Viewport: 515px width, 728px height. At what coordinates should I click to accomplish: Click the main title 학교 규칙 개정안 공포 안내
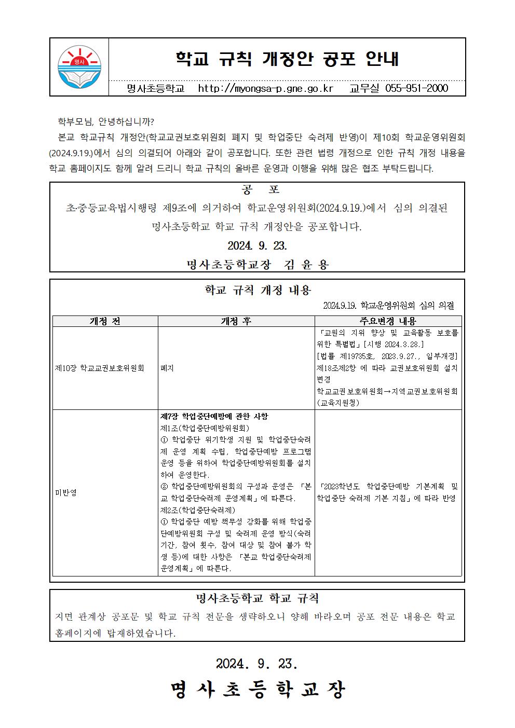[287, 59]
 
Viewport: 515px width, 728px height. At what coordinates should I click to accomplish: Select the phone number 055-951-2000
[416, 88]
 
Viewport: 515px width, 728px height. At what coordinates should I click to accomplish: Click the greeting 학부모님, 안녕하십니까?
[106, 122]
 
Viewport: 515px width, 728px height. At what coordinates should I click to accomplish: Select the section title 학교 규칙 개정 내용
[257, 290]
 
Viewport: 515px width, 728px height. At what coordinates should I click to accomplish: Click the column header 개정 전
[105, 321]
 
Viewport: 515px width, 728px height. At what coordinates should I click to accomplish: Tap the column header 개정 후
[236, 321]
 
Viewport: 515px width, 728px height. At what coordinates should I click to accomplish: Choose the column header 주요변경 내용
[388, 321]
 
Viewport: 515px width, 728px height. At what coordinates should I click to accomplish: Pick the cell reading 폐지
[167, 368]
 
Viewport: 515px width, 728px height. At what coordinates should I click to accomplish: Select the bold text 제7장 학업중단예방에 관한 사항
[214, 417]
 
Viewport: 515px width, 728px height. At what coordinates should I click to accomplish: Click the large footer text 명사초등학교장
[257, 690]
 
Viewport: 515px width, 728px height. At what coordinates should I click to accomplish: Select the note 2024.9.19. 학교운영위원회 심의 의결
[388, 306]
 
